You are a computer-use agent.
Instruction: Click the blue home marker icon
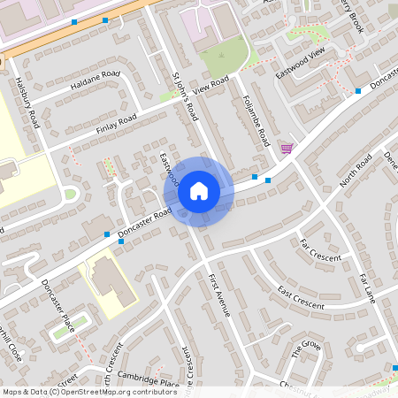click(x=199, y=191)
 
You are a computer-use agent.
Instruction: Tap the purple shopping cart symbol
click(x=286, y=148)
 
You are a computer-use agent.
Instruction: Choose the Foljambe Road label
click(x=257, y=125)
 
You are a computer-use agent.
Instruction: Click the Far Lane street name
click(x=367, y=288)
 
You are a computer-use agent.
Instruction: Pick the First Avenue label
click(x=218, y=295)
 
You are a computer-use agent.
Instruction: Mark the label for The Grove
click(x=306, y=348)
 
